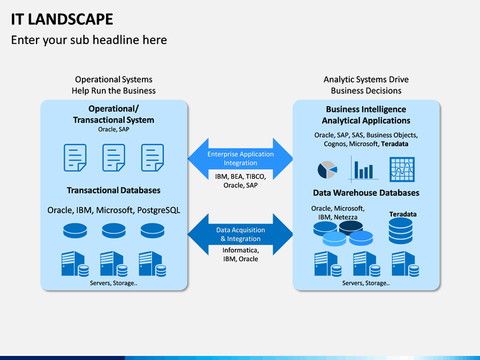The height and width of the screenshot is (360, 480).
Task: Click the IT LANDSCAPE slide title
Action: [62, 19]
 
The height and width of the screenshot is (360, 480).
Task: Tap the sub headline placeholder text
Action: [89, 40]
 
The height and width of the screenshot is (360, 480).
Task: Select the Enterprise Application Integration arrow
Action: [240, 159]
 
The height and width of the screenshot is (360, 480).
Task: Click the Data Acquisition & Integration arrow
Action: [240, 235]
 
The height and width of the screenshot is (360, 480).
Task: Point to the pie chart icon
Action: [327, 169]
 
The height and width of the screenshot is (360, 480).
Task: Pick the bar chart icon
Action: [364, 169]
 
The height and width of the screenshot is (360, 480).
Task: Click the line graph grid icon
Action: [402, 169]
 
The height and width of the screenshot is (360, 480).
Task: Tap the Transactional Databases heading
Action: [113, 191]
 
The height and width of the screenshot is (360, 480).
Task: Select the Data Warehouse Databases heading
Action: [366, 193]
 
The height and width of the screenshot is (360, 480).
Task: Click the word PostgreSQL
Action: [159, 210]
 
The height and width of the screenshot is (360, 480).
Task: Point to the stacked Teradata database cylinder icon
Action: [401, 231]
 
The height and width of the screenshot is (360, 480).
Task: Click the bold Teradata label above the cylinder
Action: [403, 214]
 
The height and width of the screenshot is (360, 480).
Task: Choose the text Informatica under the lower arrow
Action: [241, 250]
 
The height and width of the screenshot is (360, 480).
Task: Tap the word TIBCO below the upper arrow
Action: [255, 177]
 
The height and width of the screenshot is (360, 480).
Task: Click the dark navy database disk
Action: [351, 227]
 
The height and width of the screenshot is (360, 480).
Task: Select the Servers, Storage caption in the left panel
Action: [113, 283]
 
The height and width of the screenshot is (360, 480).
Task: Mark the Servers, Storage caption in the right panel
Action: [366, 283]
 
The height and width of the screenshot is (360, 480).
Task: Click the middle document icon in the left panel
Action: [113, 157]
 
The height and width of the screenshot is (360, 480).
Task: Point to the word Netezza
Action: [345, 217]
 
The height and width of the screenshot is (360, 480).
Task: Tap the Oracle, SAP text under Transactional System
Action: [113, 129]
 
